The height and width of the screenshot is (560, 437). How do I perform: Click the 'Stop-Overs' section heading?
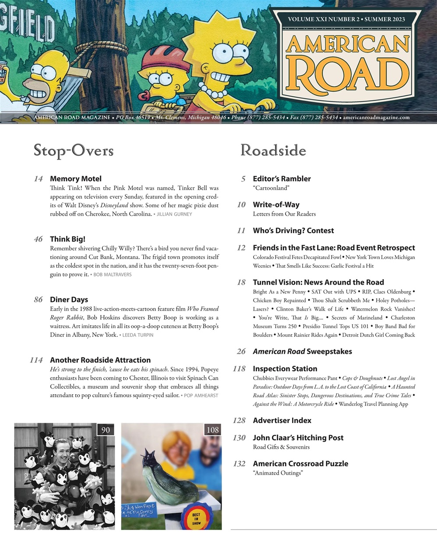pyautogui.click(x=74, y=150)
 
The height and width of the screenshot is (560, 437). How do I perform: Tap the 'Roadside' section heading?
pyautogui.click(x=273, y=150)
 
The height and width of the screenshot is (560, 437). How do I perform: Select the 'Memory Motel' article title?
pyautogui.click(x=75, y=178)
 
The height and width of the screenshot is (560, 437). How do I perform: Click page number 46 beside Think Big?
pyautogui.click(x=38, y=239)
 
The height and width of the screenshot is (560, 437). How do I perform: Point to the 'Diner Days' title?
pyautogui.click(x=69, y=300)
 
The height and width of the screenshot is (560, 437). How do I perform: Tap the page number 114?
pyautogui.click(x=36, y=360)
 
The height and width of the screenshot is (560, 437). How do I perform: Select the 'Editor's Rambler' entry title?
pyautogui.click(x=282, y=178)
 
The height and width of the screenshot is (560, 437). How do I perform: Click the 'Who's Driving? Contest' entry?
pyautogui.click(x=293, y=231)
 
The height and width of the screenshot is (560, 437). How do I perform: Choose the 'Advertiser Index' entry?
pyautogui.click(x=282, y=420)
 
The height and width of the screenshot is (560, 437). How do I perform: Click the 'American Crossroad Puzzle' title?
pyautogui.click(x=300, y=463)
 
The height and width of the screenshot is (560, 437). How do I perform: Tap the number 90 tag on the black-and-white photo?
pyautogui.click(x=106, y=430)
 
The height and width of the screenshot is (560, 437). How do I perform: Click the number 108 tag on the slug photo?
pyautogui.click(x=212, y=430)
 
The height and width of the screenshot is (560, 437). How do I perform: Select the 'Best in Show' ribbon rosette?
pyautogui.click(x=196, y=517)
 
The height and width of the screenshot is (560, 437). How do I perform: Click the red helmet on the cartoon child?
pyautogui.click(x=159, y=62)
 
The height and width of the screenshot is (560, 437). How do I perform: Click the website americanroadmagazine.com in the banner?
pyautogui.click(x=376, y=118)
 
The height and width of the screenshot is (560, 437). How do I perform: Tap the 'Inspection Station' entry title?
pyautogui.click(x=285, y=369)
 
